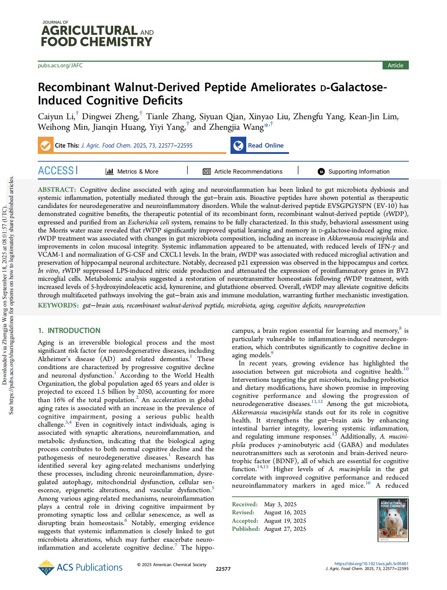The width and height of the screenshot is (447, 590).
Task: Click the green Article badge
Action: pyautogui.click(x=395, y=66)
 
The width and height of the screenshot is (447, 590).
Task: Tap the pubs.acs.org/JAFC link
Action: pyautogui.click(x=60, y=66)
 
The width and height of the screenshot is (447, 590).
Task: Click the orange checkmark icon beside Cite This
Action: pyautogui.click(x=45, y=145)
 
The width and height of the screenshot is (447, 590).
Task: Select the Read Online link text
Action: pyautogui.click(x=266, y=145)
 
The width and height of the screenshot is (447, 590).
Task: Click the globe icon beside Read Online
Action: pyautogui.click(x=239, y=145)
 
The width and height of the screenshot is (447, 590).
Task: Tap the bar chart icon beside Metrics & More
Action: pyautogui.click(x=110, y=171)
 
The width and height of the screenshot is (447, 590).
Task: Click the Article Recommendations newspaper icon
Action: pyautogui.click(x=207, y=171)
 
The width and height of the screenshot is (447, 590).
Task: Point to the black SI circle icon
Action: pyautogui.click(x=321, y=171)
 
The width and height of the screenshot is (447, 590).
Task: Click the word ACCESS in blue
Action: pyautogui.click(x=56, y=171)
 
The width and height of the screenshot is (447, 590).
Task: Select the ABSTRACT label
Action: pyautogui.click(x=56, y=190)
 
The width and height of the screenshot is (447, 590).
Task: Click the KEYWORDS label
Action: pyautogui.click(x=58, y=305)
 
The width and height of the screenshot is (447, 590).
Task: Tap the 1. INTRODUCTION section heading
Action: pyautogui.click(x=69, y=331)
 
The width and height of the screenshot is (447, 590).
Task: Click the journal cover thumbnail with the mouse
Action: pyautogui.click(x=393, y=520)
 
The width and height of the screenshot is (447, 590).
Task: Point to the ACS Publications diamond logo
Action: pyautogui.click(x=46, y=568)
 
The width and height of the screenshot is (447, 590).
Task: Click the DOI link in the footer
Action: pyautogui.click(x=371, y=564)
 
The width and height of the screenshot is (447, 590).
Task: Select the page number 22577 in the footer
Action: pyautogui.click(x=223, y=569)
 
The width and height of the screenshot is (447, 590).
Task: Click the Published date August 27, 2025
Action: pyautogui.click(x=285, y=529)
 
